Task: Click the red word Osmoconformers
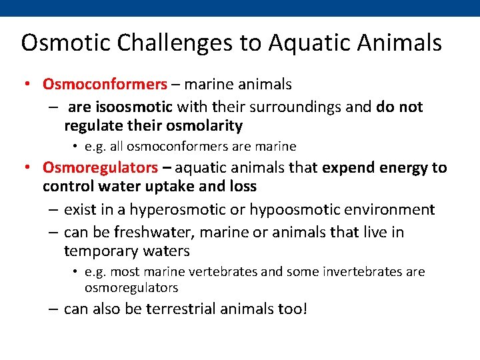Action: pyautogui.click(x=105, y=84)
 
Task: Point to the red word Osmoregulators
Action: pyautogui.click(x=100, y=167)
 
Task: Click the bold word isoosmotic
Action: pyautogui.click(x=135, y=107)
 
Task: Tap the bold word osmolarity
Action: pyautogui.click(x=209, y=125)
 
